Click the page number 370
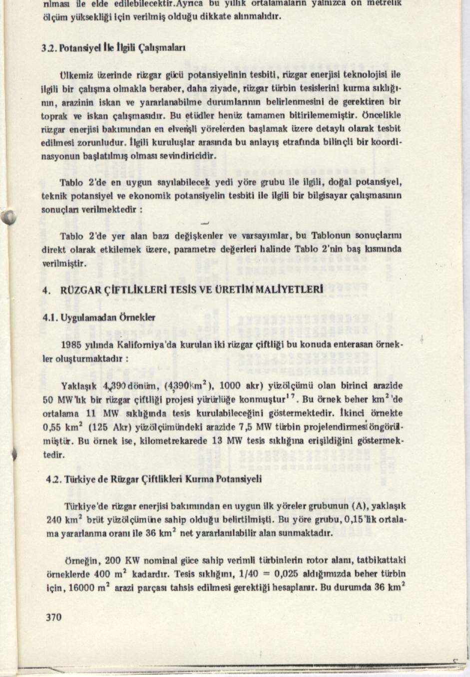(x=53, y=617)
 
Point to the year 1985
(x=70, y=344)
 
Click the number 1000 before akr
(x=230, y=386)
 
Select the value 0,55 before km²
(x=50, y=427)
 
